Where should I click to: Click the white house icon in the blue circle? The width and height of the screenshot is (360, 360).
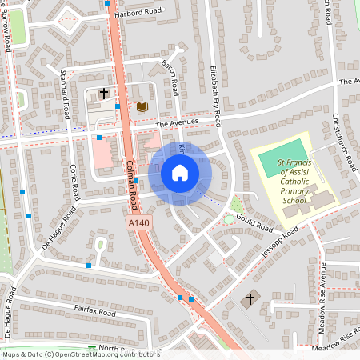(180, 173)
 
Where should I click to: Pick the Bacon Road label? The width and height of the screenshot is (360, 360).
(169, 78)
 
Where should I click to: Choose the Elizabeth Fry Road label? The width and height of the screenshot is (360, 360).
(214, 95)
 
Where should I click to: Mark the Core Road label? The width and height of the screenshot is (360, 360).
(74, 182)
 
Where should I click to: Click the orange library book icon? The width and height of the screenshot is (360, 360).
(142, 106)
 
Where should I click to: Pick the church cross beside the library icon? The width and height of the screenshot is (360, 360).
(103, 94)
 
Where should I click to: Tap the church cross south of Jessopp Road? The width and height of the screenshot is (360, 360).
(250, 300)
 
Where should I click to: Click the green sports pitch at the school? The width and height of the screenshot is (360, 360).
(282, 158)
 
